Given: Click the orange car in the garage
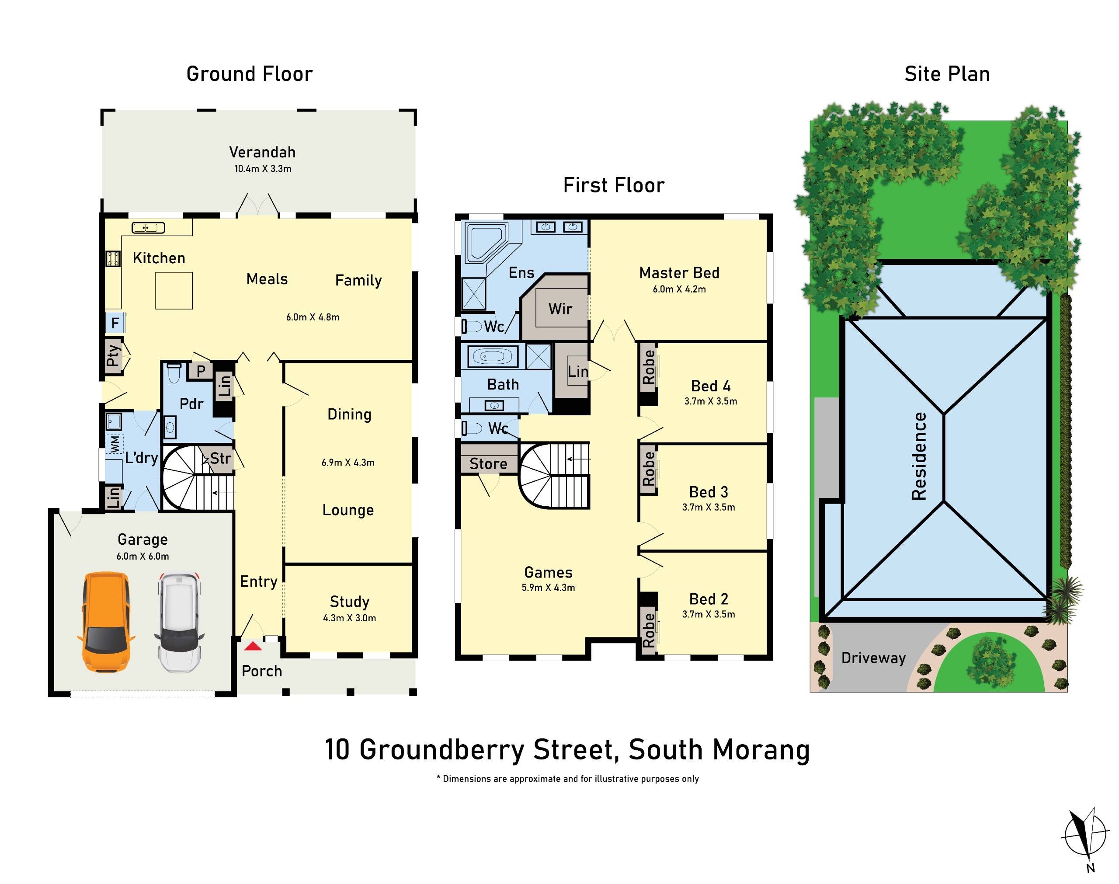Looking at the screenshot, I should [105, 622].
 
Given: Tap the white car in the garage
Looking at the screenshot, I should [179, 622].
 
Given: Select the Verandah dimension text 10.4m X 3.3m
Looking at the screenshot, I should [263, 169].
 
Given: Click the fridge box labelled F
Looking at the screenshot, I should [115, 323].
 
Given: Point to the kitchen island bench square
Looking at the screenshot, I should [174, 290].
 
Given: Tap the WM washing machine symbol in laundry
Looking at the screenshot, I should [115, 444].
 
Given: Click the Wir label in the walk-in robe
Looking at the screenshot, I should [560, 309].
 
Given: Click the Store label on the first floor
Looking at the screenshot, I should [488, 464].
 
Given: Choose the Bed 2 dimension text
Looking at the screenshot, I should [708, 614].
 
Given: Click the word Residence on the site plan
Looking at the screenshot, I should [919, 456].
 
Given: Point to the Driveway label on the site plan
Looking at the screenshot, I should [873, 658].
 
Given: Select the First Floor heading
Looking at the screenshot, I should [614, 185].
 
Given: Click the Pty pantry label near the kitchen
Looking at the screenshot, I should [112, 355].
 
